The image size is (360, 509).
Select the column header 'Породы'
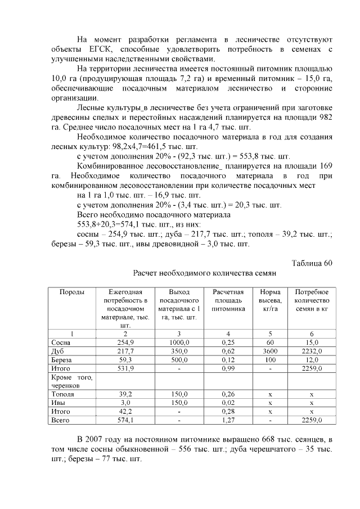tap(72, 292)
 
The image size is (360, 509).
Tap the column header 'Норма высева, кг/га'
tap(270, 300)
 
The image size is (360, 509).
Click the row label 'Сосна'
tap(61, 343)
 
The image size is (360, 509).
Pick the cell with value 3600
tap(270, 351)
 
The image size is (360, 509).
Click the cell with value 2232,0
tap(312, 351)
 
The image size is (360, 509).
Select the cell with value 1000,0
tap(179, 343)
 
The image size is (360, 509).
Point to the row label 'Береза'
tap(62, 359)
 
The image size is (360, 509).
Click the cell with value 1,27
tap(228, 420)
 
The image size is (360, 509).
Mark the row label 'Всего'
tap(60, 420)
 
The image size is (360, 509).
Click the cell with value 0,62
tap(228, 351)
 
